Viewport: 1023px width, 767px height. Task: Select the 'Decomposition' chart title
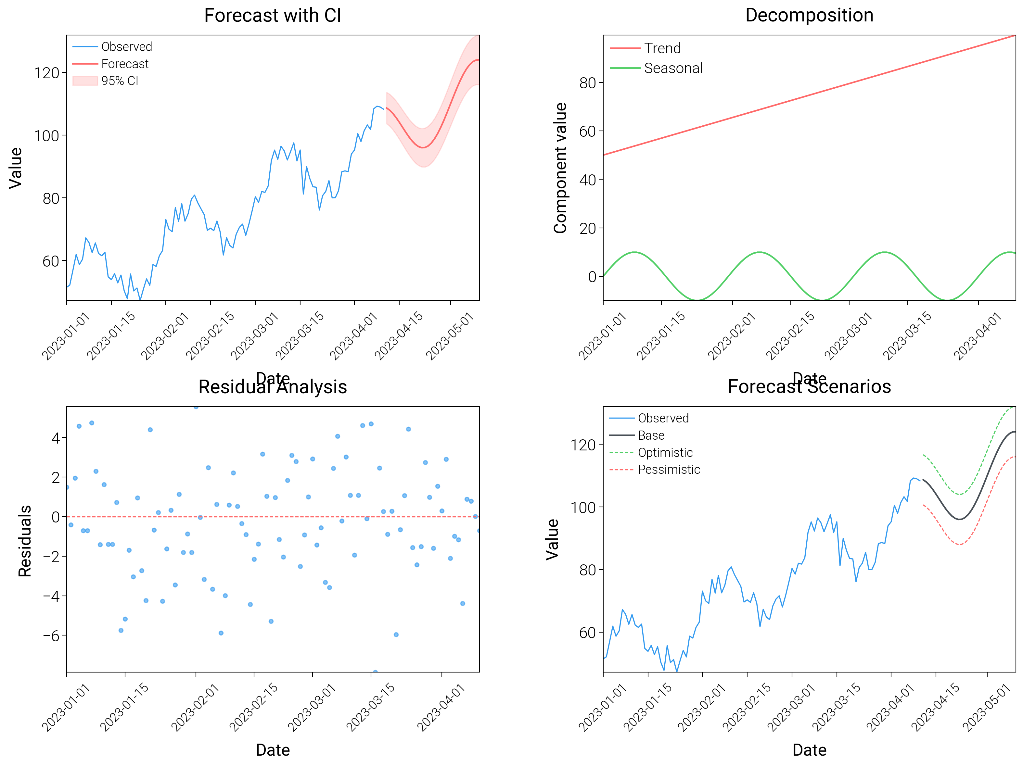point(809,15)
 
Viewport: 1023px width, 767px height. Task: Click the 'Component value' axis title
point(560,168)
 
